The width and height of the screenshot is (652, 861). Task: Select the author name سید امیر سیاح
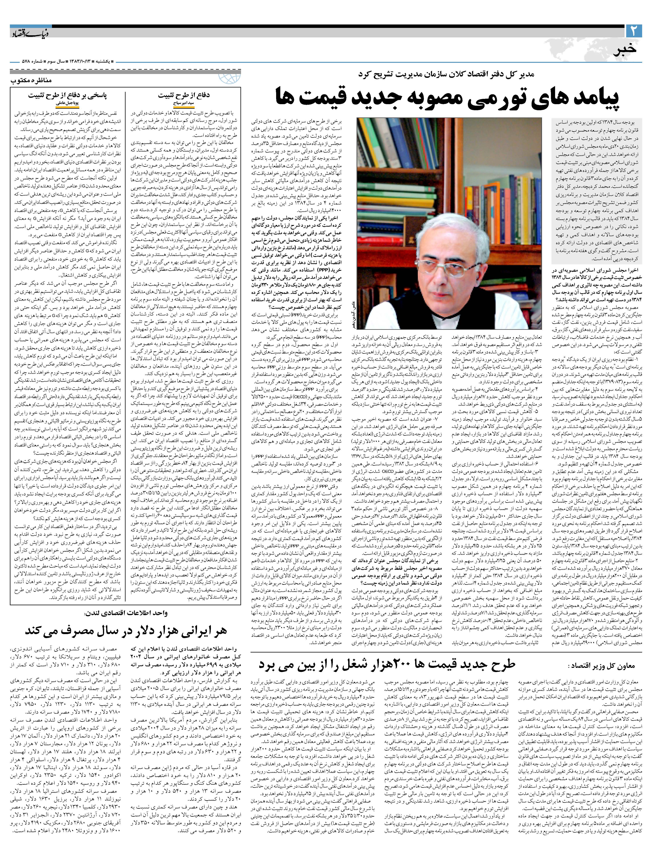[184, 104]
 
